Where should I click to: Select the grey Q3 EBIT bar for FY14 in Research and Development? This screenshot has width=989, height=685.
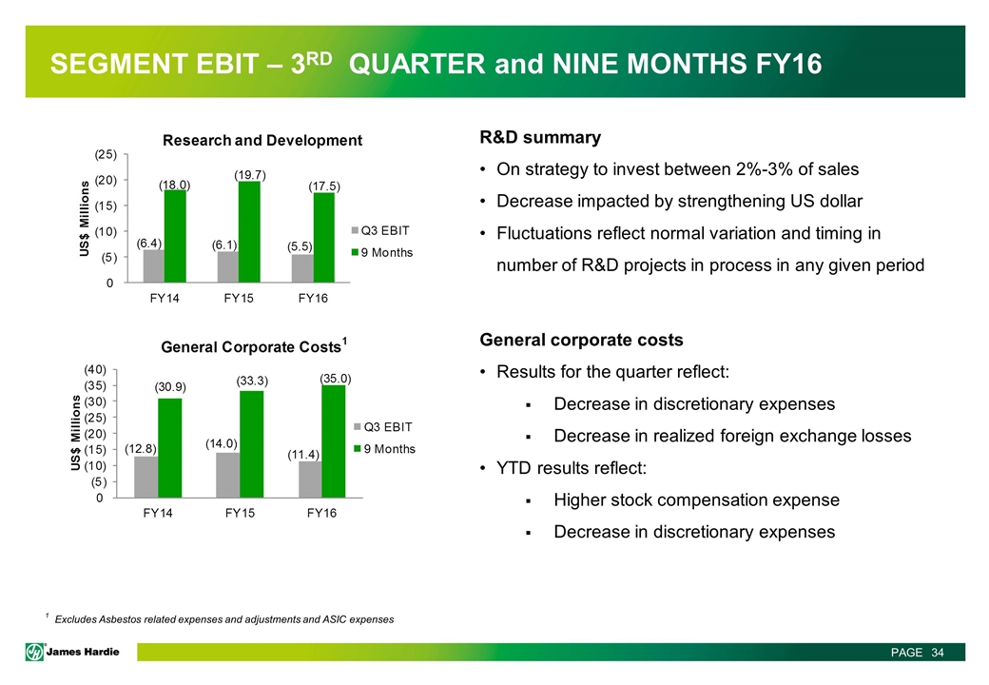pyautogui.click(x=153, y=266)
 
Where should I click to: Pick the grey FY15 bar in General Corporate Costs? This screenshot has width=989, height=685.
pyautogui.click(x=227, y=474)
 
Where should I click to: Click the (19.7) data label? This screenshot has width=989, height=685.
pyautogui.click(x=250, y=174)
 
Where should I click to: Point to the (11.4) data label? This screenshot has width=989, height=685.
pyautogui.click(x=305, y=456)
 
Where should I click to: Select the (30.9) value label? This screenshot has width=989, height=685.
pyautogui.click(x=170, y=387)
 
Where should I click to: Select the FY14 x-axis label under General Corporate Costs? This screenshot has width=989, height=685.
pyautogui.click(x=159, y=514)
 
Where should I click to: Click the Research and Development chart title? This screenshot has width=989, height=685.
pyautogui.click(x=263, y=141)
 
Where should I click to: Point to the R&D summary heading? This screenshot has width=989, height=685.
pyautogui.click(x=540, y=138)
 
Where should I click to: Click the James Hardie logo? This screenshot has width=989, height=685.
pyautogui.click(x=79, y=651)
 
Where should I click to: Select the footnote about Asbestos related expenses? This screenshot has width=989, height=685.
pyautogui.click(x=223, y=620)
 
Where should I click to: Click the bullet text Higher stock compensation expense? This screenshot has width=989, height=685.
pyautogui.click(x=696, y=499)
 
